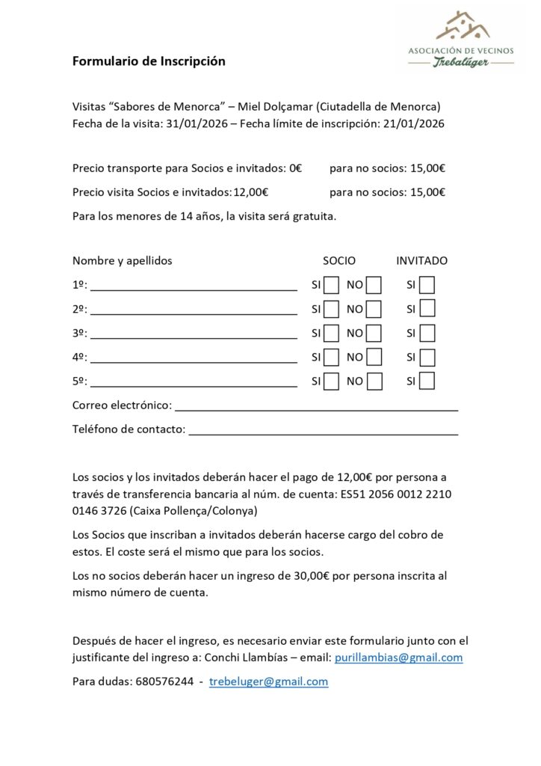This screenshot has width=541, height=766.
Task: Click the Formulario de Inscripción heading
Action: tap(149, 61)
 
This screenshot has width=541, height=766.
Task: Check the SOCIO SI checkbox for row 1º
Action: tap(332, 285)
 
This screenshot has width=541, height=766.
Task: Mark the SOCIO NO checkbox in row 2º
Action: tap(374, 309)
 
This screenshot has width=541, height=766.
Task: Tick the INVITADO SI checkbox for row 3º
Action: tap(427, 333)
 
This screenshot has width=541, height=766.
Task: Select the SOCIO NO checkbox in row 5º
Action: tap(374, 381)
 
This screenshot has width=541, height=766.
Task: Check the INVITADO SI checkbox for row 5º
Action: tap(427, 381)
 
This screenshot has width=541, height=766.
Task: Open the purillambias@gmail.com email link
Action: tap(399, 658)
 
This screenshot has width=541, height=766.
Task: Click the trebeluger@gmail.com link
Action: tap(268, 681)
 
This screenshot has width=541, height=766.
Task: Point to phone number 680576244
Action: tap(161, 681)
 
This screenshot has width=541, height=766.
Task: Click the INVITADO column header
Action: tap(421, 261)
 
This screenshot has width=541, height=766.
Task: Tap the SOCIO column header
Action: tap(339, 261)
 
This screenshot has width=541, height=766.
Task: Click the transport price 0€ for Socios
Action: tap(295, 168)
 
